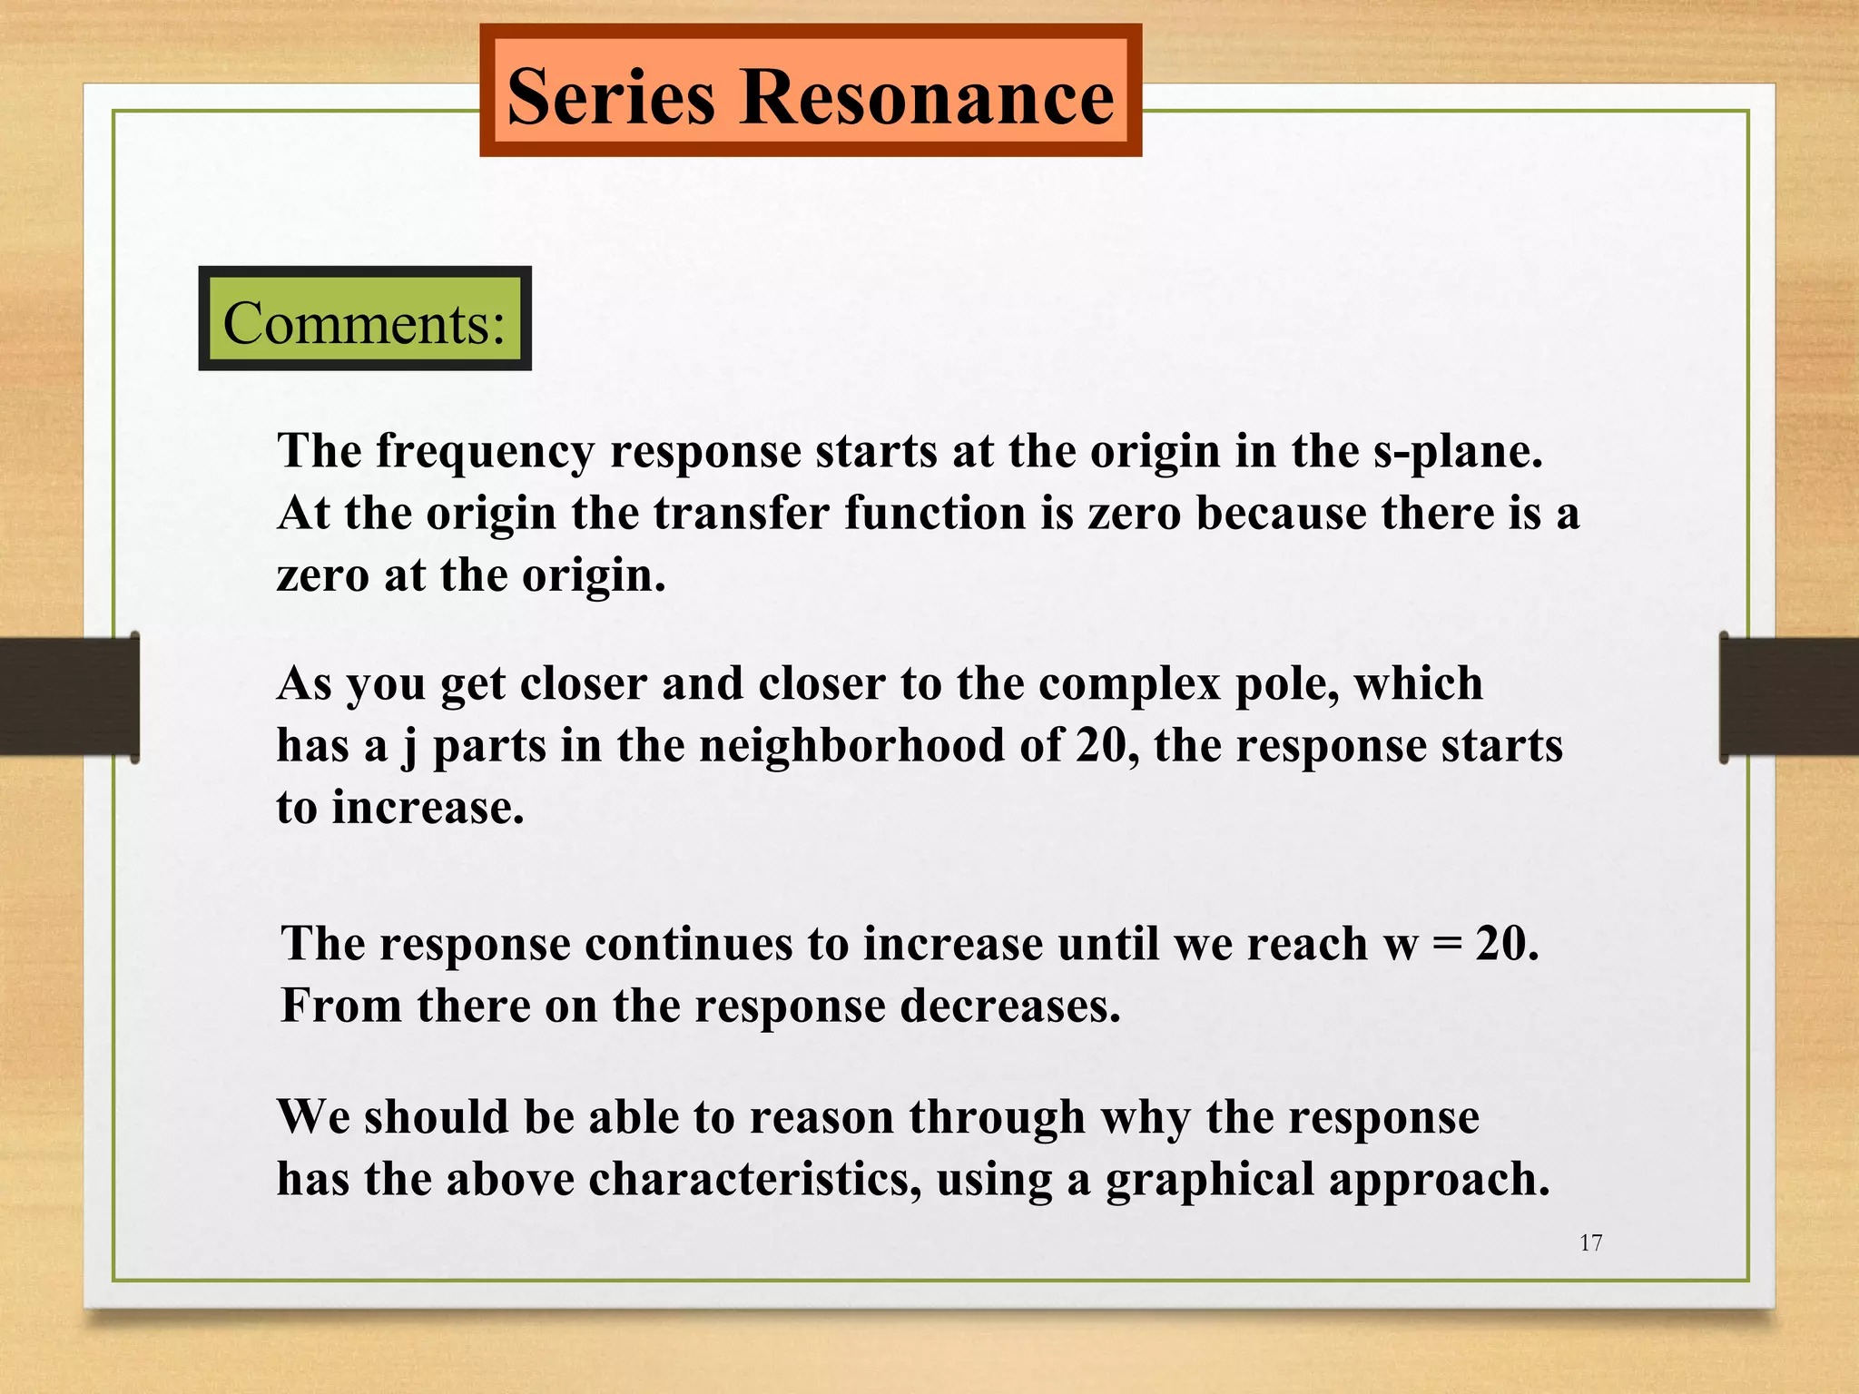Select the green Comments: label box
[364, 320]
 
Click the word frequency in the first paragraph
[486, 451]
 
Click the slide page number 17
[1590, 1243]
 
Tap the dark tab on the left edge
[69, 697]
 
